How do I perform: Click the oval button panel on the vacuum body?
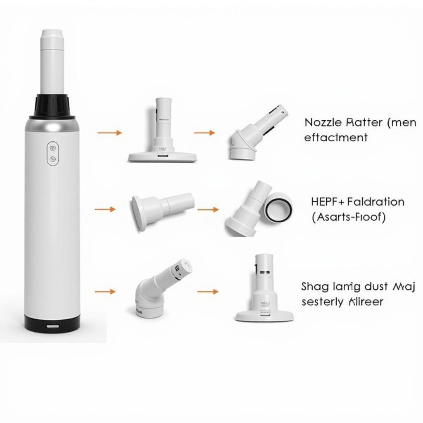52,154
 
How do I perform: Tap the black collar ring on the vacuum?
52,105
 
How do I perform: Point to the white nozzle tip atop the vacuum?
52,62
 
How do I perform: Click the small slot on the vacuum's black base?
52,326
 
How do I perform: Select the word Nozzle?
323,123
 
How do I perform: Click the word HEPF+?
328,202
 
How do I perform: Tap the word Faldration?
376,202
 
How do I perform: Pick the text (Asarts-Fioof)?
349,217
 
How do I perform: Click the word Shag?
314,287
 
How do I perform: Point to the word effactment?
335,138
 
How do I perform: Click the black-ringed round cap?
278,207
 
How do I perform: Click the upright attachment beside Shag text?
264,289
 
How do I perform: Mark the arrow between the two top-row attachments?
204,133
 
